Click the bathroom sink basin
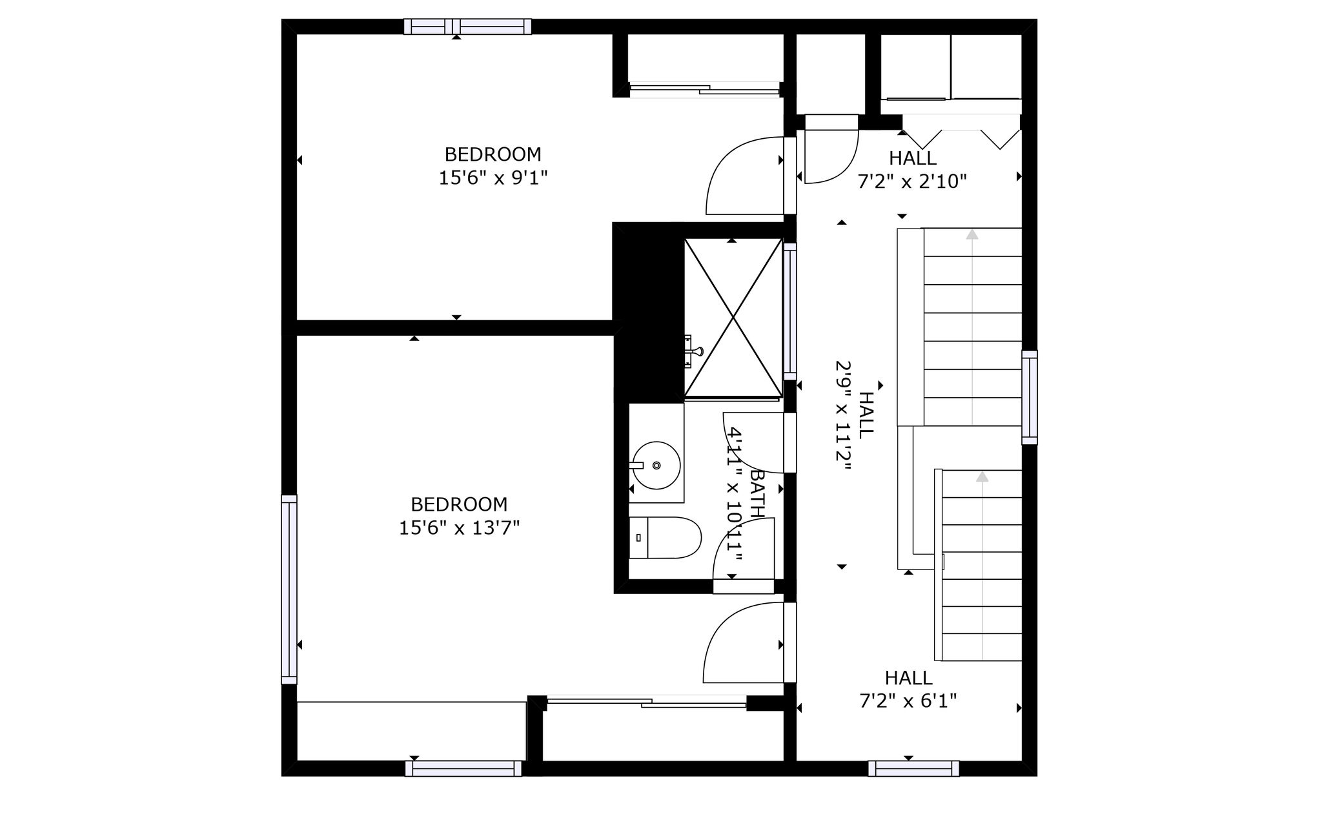click(656, 466)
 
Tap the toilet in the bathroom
click(665, 538)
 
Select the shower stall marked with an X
click(733, 317)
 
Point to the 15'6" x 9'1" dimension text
click(493, 178)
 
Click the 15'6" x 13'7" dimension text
click(459, 528)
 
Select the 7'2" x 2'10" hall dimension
click(912, 181)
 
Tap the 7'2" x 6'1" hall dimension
click(908, 701)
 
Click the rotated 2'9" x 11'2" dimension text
click(843, 417)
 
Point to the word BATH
click(758, 494)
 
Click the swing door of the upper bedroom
click(746, 176)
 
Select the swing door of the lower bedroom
click(743, 642)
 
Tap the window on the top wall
click(468, 26)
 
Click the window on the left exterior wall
click(289, 589)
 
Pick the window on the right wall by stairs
click(1030, 397)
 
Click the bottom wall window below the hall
click(913, 768)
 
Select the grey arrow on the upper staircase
click(972, 327)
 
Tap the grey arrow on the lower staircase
click(982, 566)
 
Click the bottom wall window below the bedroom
click(463, 768)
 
